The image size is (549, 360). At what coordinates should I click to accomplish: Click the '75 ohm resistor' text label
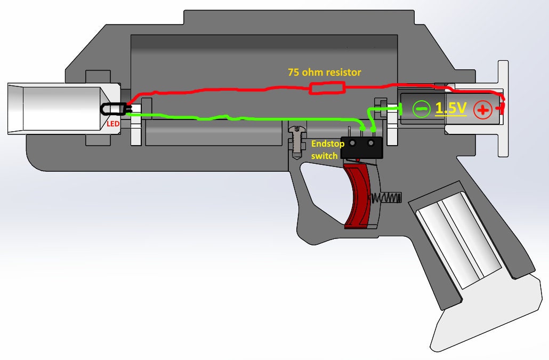(324, 71)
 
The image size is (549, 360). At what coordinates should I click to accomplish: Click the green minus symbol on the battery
(421, 109)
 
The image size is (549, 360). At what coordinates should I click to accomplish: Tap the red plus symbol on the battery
(483, 110)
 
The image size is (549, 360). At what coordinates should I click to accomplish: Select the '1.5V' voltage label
(450, 108)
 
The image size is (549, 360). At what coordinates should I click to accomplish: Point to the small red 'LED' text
(112, 124)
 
